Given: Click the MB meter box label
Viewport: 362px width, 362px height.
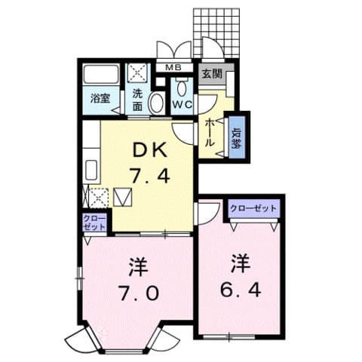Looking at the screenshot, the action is pyautogui.click(x=173, y=67).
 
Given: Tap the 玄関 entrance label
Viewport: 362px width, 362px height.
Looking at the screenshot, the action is pyautogui.click(x=213, y=74).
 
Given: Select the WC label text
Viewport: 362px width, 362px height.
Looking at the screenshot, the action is pyautogui.click(x=182, y=105).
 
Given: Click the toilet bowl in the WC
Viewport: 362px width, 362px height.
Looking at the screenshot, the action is pyautogui.click(x=182, y=88).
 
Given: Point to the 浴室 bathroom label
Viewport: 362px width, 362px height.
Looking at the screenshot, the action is pyautogui.click(x=100, y=98).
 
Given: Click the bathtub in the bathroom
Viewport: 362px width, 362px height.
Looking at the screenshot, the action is pyautogui.click(x=102, y=74).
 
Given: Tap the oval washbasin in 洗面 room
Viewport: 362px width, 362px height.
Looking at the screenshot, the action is pyautogui.click(x=156, y=103).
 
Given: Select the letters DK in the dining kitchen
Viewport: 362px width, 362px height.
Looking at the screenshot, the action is pyautogui.click(x=150, y=149).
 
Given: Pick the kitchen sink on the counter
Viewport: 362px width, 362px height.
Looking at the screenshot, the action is pyautogui.click(x=90, y=170).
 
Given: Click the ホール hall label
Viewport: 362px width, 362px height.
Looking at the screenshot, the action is pyautogui.click(x=210, y=133).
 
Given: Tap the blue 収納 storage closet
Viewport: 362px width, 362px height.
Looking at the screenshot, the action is pyautogui.click(x=237, y=137).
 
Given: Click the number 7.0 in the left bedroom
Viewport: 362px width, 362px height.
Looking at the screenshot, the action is pyautogui.click(x=139, y=293).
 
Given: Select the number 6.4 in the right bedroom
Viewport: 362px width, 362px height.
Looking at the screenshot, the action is pyautogui.click(x=241, y=290).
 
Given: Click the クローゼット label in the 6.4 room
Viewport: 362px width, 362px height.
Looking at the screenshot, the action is pyautogui.click(x=253, y=208).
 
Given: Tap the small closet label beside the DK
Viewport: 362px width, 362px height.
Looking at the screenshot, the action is pyautogui.click(x=94, y=222).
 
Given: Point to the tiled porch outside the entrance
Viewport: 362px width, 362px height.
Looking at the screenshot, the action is pyautogui.click(x=216, y=33).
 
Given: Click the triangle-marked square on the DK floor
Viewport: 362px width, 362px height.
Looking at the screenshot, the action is pyautogui.click(x=123, y=198).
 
